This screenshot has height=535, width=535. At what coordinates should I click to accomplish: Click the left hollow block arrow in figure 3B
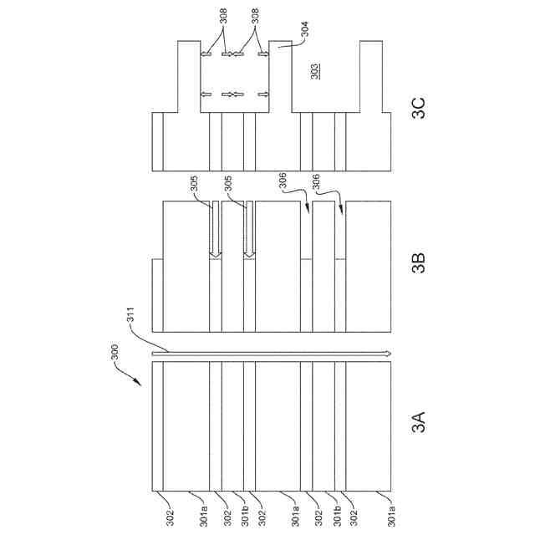click(x=215, y=230)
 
